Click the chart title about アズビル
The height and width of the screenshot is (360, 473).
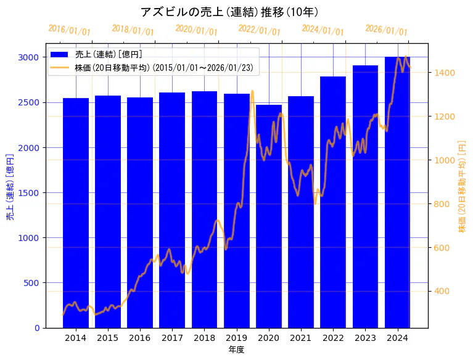tap(229, 12)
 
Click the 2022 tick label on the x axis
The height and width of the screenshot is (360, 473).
tap(333, 338)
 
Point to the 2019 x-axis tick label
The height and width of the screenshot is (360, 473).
tap(237, 338)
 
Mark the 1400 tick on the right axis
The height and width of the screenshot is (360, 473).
tap(445, 73)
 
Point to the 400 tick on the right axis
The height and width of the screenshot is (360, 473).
tap(443, 292)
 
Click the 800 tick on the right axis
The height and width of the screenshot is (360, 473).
tap(443, 204)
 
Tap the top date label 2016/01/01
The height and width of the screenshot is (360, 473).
tap(69, 31)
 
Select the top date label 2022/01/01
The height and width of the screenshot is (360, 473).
tap(259, 30)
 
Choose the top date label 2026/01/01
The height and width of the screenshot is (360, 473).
tap(386, 30)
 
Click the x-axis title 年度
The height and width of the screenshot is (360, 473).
tap(236, 350)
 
